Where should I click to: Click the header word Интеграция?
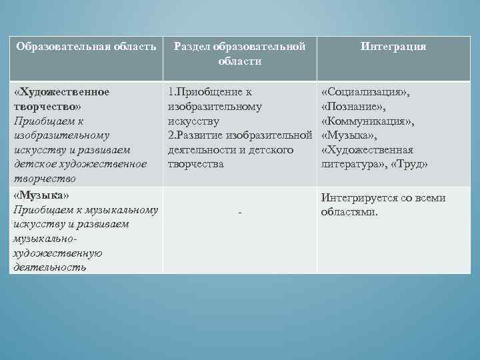(x=393, y=47)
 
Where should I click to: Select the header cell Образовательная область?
(x=86, y=47)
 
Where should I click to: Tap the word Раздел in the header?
(x=193, y=47)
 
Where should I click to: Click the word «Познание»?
(x=353, y=106)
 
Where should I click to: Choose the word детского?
(x=272, y=150)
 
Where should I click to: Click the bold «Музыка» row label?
(x=42, y=195)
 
